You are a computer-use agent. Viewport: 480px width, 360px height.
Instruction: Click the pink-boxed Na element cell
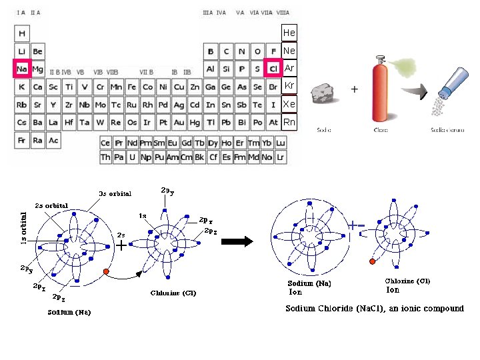click(x=22, y=69)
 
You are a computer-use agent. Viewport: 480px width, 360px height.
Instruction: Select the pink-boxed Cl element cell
click(x=273, y=69)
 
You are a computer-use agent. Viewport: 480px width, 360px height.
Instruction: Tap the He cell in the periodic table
click(x=289, y=33)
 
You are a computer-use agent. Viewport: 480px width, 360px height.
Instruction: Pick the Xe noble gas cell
click(x=289, y=105)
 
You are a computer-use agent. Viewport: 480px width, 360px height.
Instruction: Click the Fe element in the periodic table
click(x=132, y=87)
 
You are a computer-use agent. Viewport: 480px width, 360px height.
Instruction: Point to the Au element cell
click(x=179, y=123)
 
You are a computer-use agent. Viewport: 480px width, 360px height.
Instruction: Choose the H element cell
click(x=22, y=33)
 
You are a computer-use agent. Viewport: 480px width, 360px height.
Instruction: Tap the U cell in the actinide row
click(x=133, y=157)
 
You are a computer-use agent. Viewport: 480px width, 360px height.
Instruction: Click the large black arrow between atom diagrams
click(x=238, y=241)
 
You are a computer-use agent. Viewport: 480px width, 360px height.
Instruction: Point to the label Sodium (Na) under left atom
click(x=69, y=312)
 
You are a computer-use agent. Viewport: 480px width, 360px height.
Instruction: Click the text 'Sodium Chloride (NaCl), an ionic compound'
click(x=374, y=309)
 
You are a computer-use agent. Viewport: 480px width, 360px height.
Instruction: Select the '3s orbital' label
click(x=115, y=194)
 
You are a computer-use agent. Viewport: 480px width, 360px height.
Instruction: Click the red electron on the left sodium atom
click(x=106, y=273)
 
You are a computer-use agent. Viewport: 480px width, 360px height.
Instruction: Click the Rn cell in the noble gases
click(x=289, y=123)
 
